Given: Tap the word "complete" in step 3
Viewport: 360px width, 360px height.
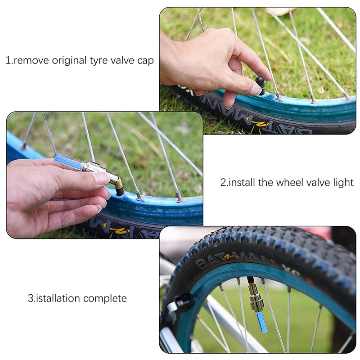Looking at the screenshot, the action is pos(105,299).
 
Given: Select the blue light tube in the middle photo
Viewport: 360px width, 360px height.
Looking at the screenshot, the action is pos(69,162).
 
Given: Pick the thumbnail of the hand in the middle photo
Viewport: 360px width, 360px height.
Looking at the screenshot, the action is pos(100,178).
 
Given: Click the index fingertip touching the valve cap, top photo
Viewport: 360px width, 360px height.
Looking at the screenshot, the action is pos(256,90).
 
